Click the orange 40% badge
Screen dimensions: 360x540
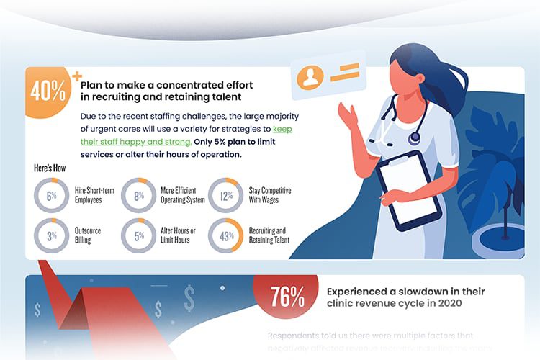48,92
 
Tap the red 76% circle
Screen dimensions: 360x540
287,297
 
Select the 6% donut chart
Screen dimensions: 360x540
51,194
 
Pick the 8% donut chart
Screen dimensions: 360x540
139,194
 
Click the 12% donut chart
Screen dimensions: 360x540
226,194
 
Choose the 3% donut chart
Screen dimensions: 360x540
51,235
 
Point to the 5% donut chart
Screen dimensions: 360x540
139,235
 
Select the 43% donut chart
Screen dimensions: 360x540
226,235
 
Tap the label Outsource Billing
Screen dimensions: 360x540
83,235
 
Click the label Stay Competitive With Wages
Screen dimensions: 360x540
270,194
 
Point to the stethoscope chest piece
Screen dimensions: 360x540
415,136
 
